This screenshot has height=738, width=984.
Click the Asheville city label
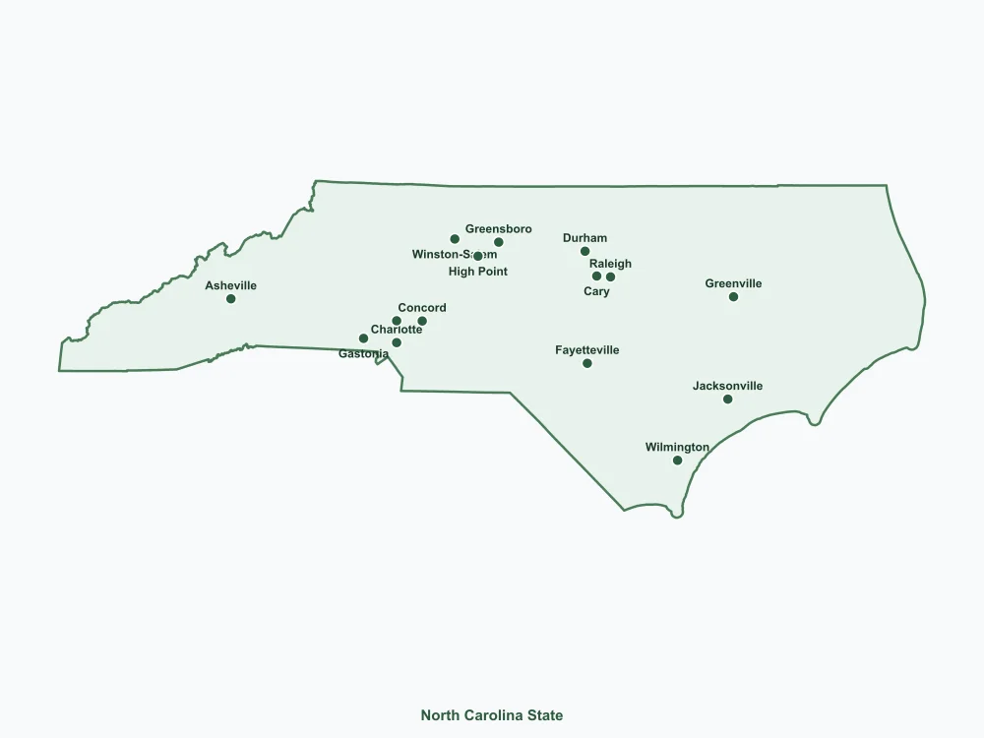pyautogui.click(x=230, y=286)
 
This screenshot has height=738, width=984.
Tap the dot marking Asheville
pyautogui.click(x=230, y=299)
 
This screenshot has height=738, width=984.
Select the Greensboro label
pyautogui.click(x=498, y=229)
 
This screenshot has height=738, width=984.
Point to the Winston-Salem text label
pyautogui.click(x=454, y=255)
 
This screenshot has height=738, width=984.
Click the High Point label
pyautogui.click(x=478, y=272)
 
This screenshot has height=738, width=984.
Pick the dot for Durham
pyautogui.click(x=584, y=251)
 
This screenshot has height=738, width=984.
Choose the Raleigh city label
pyautogui.click(x=610, y=264)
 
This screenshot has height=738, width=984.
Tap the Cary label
pyautogui.click(x=596, y=291)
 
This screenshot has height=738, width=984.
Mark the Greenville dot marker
pyautogui.click(x=733, y=296)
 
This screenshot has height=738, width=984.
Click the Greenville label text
pyautogui.click(x=733, y=284)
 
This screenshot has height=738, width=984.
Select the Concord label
pyautogui.click(x=422, y=308)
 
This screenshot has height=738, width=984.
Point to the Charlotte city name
pyautogui.click(x=397, y=330)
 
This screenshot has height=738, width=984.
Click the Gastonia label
pyautogui.click(x=363, y=354)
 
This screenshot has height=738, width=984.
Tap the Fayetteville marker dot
pyautogui.click(x=587, y=363)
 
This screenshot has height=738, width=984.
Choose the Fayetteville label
pyautogui.click(x=587, y=350)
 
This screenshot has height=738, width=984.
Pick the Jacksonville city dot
pyautogui.click(x=727, y=399)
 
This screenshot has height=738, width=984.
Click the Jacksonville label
pyautogui.click(x=727, y=387)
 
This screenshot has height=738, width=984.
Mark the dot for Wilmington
pyautogui.click(x=677, y=461)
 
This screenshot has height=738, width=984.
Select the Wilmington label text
pyautogui.click(x=677, y=448)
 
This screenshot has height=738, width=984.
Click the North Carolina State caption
pyautogui.click(x=492, y=715)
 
